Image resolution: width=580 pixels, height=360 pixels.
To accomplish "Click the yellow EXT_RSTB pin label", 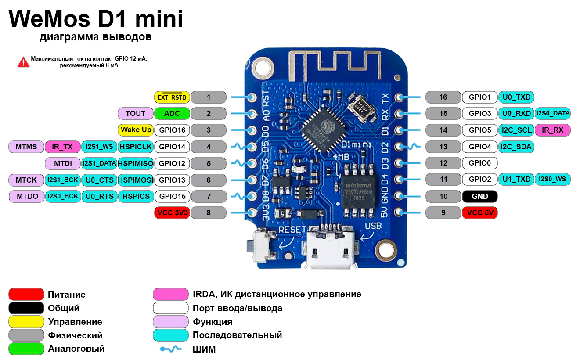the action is (172, 97).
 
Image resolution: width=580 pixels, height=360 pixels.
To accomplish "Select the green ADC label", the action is (172, 113).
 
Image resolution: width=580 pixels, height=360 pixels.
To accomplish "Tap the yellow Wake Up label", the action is (136, 130).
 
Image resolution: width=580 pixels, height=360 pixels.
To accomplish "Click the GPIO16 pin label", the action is (172, 130).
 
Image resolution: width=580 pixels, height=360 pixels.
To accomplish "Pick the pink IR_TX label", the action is (62, 147).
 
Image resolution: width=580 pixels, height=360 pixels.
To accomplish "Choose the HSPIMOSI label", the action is (136, 180).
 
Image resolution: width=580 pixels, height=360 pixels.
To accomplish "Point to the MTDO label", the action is (27, 196).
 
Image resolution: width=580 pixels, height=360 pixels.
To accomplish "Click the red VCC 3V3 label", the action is (172, 212).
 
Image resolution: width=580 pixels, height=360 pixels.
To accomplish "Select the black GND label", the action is (480, 196).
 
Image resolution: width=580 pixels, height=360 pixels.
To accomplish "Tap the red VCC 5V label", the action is (480, 212).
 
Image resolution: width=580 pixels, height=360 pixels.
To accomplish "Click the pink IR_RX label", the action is (552, 130).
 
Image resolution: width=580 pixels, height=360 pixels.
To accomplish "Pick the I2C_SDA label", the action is (516, 147).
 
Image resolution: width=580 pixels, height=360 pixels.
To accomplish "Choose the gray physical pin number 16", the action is (443, 97).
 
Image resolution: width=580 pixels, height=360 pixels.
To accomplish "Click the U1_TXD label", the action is (516, 179).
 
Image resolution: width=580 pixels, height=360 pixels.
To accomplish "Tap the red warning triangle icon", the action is (23, 62).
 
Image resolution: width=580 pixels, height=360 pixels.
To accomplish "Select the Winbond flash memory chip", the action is (358, 192).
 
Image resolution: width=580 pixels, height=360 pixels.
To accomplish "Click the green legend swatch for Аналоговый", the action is (26, 349).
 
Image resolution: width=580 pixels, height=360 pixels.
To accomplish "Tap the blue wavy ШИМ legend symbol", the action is (171, 349).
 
